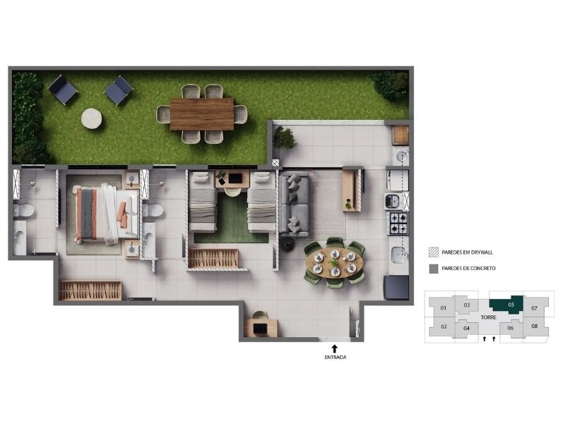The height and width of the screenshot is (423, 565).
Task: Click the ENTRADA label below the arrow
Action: pos(335,357)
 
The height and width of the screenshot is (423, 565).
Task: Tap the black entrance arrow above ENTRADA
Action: pos(335,348)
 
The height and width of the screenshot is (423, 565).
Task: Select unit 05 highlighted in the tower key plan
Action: pos(507,305)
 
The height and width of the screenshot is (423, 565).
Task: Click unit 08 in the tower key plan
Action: pos(535,326)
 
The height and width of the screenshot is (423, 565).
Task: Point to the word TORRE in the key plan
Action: pos(489,317)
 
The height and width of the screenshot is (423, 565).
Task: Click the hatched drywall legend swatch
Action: pos(434,252)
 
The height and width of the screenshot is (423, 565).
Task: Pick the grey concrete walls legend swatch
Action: pos(434,269)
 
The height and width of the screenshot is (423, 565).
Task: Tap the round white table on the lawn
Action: pos(92,118)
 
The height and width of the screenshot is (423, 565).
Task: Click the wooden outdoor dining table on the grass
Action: pos(202,114)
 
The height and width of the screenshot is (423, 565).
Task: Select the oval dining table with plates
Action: pos(335,262)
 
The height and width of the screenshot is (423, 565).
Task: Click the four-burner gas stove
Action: pos(398,223)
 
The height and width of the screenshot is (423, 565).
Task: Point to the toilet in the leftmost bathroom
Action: pos(24,210)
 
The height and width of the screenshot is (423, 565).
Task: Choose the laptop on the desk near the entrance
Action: pos(260,329)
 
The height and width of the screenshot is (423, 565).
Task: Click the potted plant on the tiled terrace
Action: pos(285,137)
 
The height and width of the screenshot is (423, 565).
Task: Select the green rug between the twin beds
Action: pos(232,219)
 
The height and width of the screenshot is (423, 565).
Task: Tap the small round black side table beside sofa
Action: pos(287,245)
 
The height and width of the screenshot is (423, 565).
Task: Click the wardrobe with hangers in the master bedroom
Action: pos(90,290)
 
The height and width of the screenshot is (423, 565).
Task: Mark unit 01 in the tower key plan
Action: pos(444,308)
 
